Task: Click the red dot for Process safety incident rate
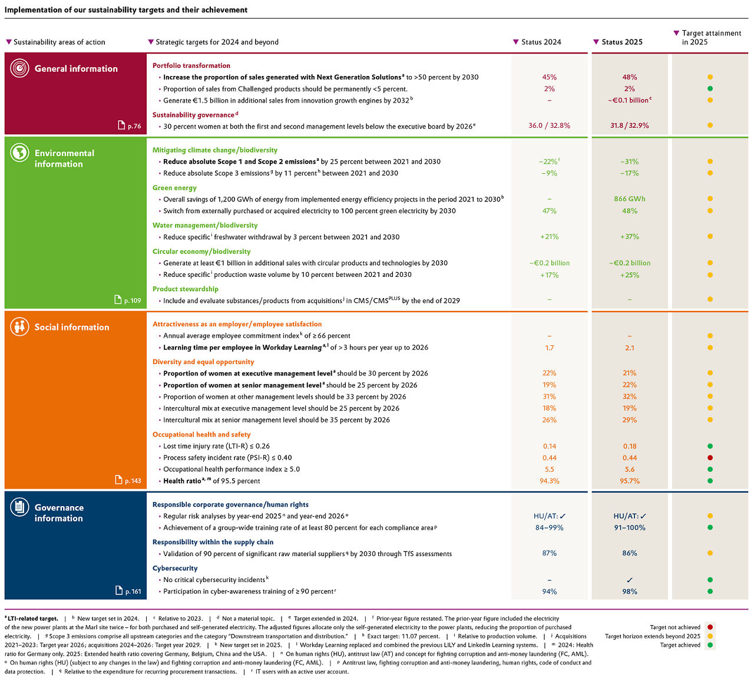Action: coord(710,458)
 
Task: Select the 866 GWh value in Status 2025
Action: coord(629,199)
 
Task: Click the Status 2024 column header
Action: coord(541,42)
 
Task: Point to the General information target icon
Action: coord(19,68)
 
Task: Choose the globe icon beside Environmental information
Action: coord(19,153)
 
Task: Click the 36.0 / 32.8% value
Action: coord(549,125)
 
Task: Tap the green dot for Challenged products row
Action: coord(710,89)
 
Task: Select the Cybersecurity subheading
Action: coord(175,569)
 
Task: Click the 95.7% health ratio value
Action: coord(629,481)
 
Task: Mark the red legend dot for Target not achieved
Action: coord(710,627)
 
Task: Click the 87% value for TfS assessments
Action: coord(549,554)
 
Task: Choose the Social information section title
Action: coord(72,328)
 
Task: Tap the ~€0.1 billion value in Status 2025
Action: coord(629,100)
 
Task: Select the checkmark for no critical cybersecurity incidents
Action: coord(629,580)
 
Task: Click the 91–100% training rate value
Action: coord(629,528)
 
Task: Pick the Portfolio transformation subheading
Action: coord(191,66)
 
